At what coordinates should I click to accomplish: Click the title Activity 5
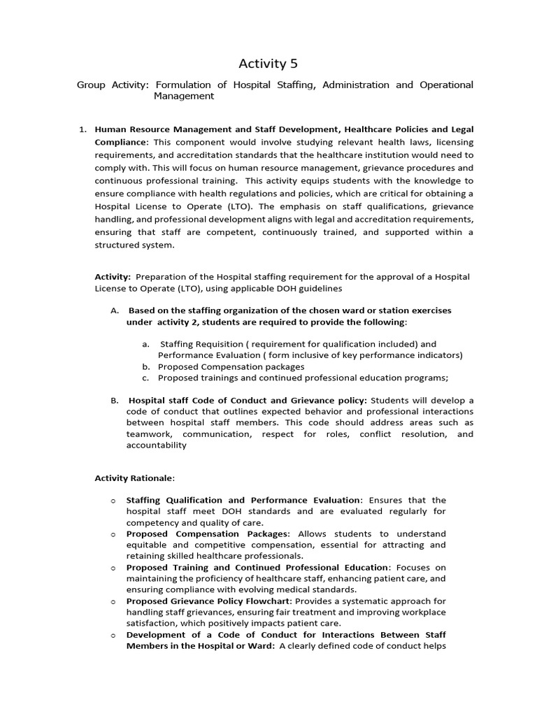268,64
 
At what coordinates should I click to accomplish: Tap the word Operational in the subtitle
446,85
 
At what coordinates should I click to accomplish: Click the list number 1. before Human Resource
82,129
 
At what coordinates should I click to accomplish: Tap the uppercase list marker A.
115,310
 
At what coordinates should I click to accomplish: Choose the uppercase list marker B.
115,400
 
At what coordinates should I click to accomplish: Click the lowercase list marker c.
145,378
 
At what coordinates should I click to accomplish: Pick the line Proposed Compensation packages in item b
231,366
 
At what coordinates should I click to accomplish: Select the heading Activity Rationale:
135,478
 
